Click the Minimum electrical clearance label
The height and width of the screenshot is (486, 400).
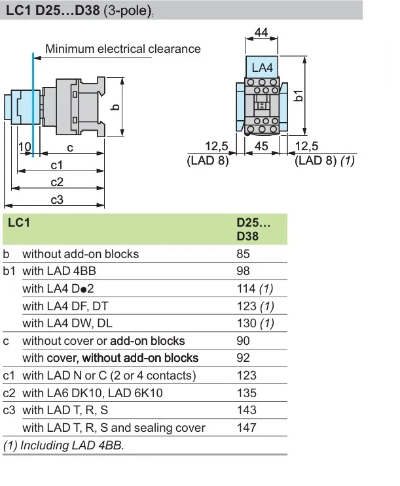click(x=123, y=48)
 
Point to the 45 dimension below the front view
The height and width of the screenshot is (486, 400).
click(x=261, y=146)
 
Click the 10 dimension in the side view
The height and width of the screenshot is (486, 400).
click(x=25, y=148)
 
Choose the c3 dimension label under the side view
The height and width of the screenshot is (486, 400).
click(x=57, y=199)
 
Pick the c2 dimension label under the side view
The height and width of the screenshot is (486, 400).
click(x=57, y=182)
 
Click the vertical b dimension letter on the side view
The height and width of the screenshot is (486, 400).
click(x=115, y=106)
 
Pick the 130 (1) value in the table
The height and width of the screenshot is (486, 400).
click(x=255, y=323)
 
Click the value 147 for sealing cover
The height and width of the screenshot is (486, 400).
click(x=246, y=428)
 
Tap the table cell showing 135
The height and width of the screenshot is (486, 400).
click(x=246, y=393)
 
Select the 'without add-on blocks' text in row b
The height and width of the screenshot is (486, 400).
click(x=81, y=253)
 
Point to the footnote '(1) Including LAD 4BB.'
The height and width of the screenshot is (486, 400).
click(x=64, y=445)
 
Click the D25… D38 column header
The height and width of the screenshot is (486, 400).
click(x=253, y=229)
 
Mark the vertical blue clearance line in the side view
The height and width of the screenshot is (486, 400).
click(x=31, y=98)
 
